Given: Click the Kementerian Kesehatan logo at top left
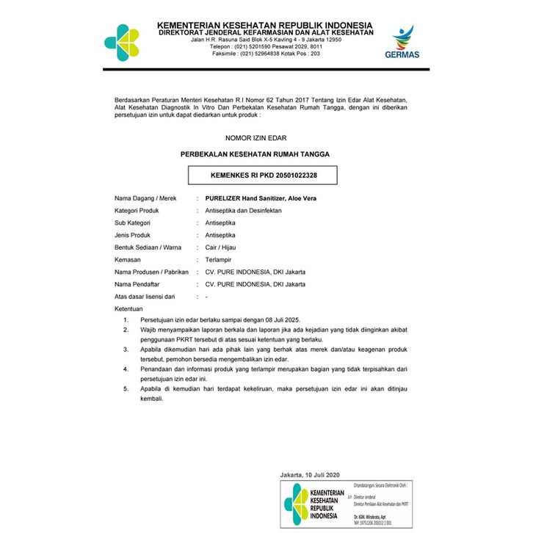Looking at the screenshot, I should pos(122,42).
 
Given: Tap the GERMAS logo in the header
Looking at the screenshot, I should pos(402,42).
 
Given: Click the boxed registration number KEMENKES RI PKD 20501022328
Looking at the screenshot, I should pos(264,175).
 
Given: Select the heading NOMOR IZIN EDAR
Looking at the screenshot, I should pos(255,137).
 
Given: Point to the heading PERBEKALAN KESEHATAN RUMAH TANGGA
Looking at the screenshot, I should pos(255,155).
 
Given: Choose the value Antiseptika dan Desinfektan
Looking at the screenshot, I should pos(243,211).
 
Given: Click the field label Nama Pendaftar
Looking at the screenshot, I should pos(137,284).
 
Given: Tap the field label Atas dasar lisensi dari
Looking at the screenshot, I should pos(145,297).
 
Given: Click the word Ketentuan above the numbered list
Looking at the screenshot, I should pos(128,309).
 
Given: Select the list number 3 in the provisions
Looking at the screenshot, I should pos(126,349).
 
